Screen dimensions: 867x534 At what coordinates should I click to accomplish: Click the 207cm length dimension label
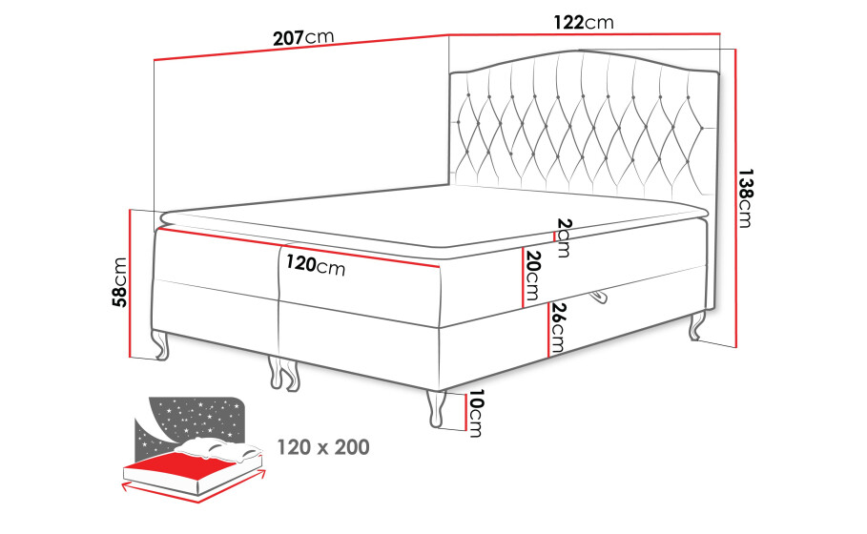pyautogui.click(x=303, y=37)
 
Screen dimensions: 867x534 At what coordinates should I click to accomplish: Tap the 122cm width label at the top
pyautogui.click(x=584, y=22)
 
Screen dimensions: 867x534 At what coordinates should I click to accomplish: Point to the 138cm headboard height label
pyautogui.click(x=744, y=198)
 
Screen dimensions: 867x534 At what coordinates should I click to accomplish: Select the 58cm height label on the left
pyautogui.click(x=119, y=282)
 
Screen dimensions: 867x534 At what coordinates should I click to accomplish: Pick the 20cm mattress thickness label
pyautogui.click(x=533, y=275)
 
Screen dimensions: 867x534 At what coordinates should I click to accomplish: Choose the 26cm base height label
pyautogui.click(x=557, y=328)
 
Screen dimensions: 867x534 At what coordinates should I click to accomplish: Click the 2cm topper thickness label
pyautogui.click(x=564, y=237)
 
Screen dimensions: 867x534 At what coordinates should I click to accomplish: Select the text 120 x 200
pyautogui.click(x=323, y=446)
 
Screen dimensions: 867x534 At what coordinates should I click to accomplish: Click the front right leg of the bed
pyautogui.click(x=436, y=408)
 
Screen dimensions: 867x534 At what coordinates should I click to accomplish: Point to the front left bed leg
pyautogui.click(x=160, y=344)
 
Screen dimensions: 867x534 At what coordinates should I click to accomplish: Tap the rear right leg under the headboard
pyautogui.click(x=696, y=326)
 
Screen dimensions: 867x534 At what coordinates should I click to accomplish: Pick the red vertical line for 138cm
pyautogui.click(x=736, y=198)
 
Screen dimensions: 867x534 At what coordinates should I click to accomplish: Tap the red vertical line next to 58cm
pyautogui.click(x=131, y=283)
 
